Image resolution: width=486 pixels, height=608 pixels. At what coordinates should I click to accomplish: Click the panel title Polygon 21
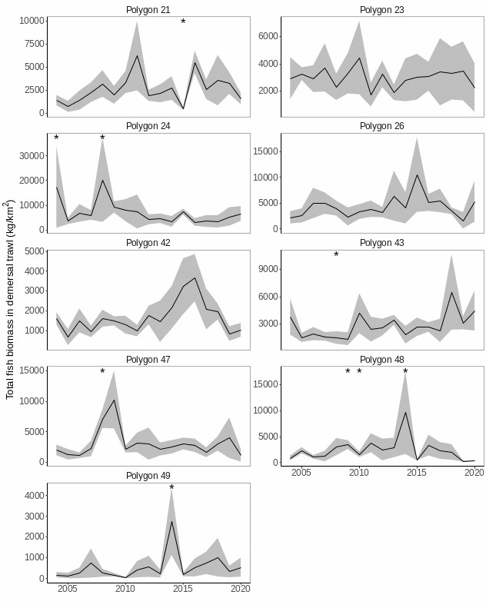148,9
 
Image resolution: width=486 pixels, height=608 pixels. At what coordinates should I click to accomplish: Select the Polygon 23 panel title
381,9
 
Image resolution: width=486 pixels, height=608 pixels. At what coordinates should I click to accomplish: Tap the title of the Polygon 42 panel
148,243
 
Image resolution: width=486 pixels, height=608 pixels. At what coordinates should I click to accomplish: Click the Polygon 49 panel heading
148,476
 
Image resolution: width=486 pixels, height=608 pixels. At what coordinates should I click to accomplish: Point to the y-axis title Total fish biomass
10,300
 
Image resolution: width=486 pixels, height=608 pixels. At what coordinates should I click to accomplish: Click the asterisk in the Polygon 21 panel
183,22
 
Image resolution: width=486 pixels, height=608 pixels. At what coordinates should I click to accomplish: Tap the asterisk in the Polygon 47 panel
102,372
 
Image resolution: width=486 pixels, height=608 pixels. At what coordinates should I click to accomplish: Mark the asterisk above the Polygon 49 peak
171,488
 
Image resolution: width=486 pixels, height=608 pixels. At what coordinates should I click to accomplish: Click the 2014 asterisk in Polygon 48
405,372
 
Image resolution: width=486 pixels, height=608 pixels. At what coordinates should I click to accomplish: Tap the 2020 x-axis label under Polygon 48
474,473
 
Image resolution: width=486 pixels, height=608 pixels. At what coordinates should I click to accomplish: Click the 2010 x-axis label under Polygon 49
125,589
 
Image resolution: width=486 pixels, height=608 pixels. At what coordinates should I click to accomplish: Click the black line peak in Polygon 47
114,400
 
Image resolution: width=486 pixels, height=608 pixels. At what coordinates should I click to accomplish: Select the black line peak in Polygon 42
195,277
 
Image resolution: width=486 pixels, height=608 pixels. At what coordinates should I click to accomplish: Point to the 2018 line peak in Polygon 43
451,291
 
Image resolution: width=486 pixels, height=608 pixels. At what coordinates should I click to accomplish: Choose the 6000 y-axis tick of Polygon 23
266,35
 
